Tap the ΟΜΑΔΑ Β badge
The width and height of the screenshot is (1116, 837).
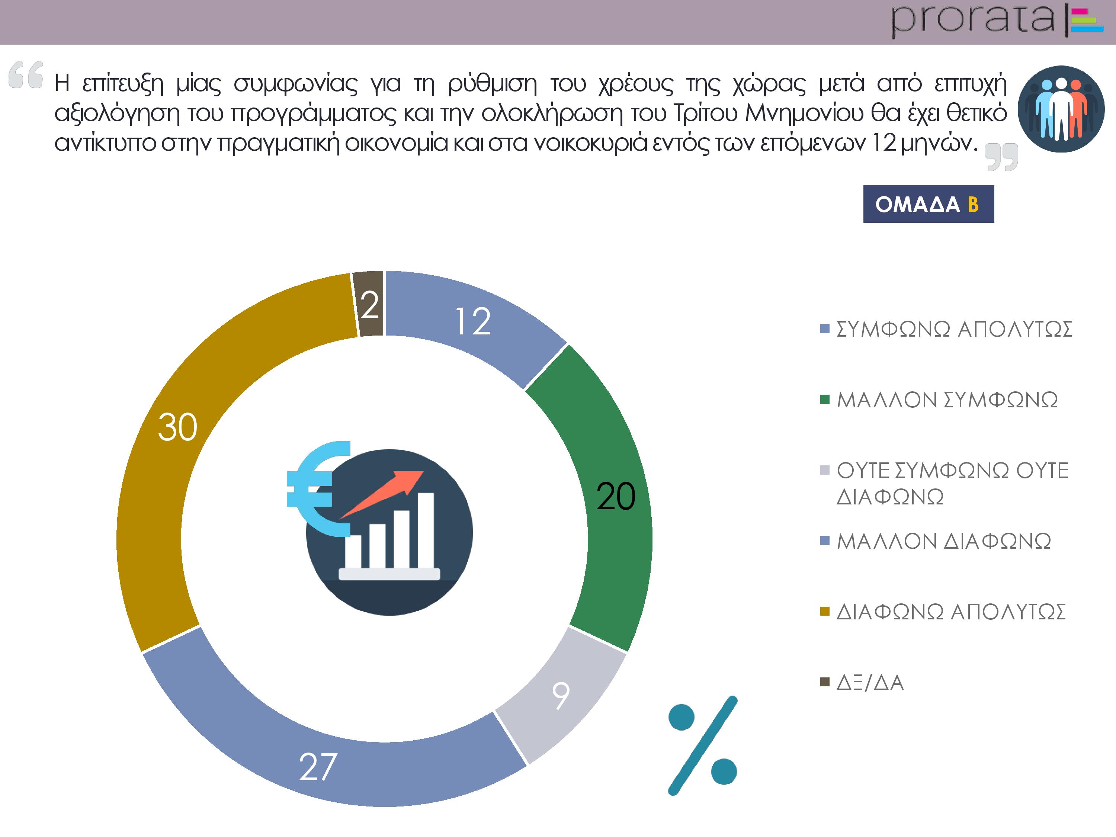(928, 204)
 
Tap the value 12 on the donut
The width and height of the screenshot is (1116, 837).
(473, 321)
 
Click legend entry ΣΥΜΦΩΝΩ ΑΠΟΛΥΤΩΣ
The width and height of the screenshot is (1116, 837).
(946, 329)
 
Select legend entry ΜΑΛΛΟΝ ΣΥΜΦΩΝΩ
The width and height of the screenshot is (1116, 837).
(939, 400)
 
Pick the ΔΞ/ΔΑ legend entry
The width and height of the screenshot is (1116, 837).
(862, 682)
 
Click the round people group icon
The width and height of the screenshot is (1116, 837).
(1061, 109)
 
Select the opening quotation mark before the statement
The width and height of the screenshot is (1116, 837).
(26, 75)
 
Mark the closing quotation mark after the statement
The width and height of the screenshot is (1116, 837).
(1002, 157)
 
